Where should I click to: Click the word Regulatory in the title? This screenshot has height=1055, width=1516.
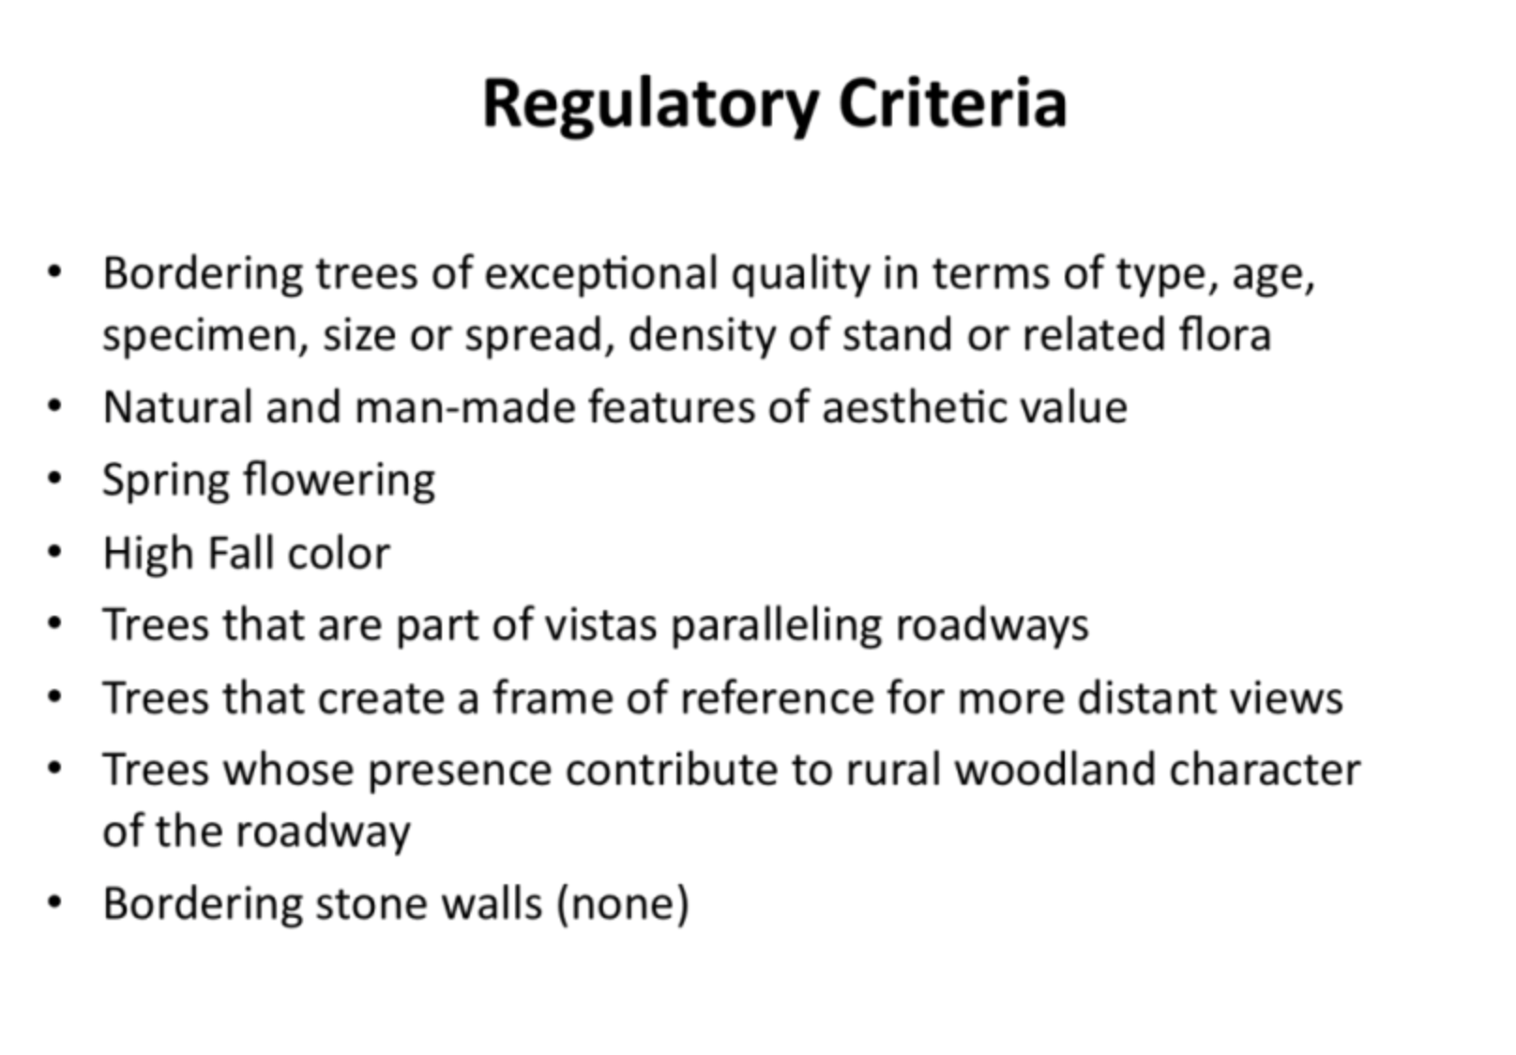tap(651, 105)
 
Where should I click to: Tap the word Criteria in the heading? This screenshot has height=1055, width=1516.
tap(953, 103)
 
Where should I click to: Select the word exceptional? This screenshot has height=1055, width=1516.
tap(601, 275)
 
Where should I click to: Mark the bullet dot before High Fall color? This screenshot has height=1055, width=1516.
tap(54, 552)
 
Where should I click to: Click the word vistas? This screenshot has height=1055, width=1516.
tap(601, 625)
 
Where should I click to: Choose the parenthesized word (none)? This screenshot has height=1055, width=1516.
tap(623, 903)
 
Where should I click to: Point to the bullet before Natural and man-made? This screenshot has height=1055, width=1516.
tap(54, 406)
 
